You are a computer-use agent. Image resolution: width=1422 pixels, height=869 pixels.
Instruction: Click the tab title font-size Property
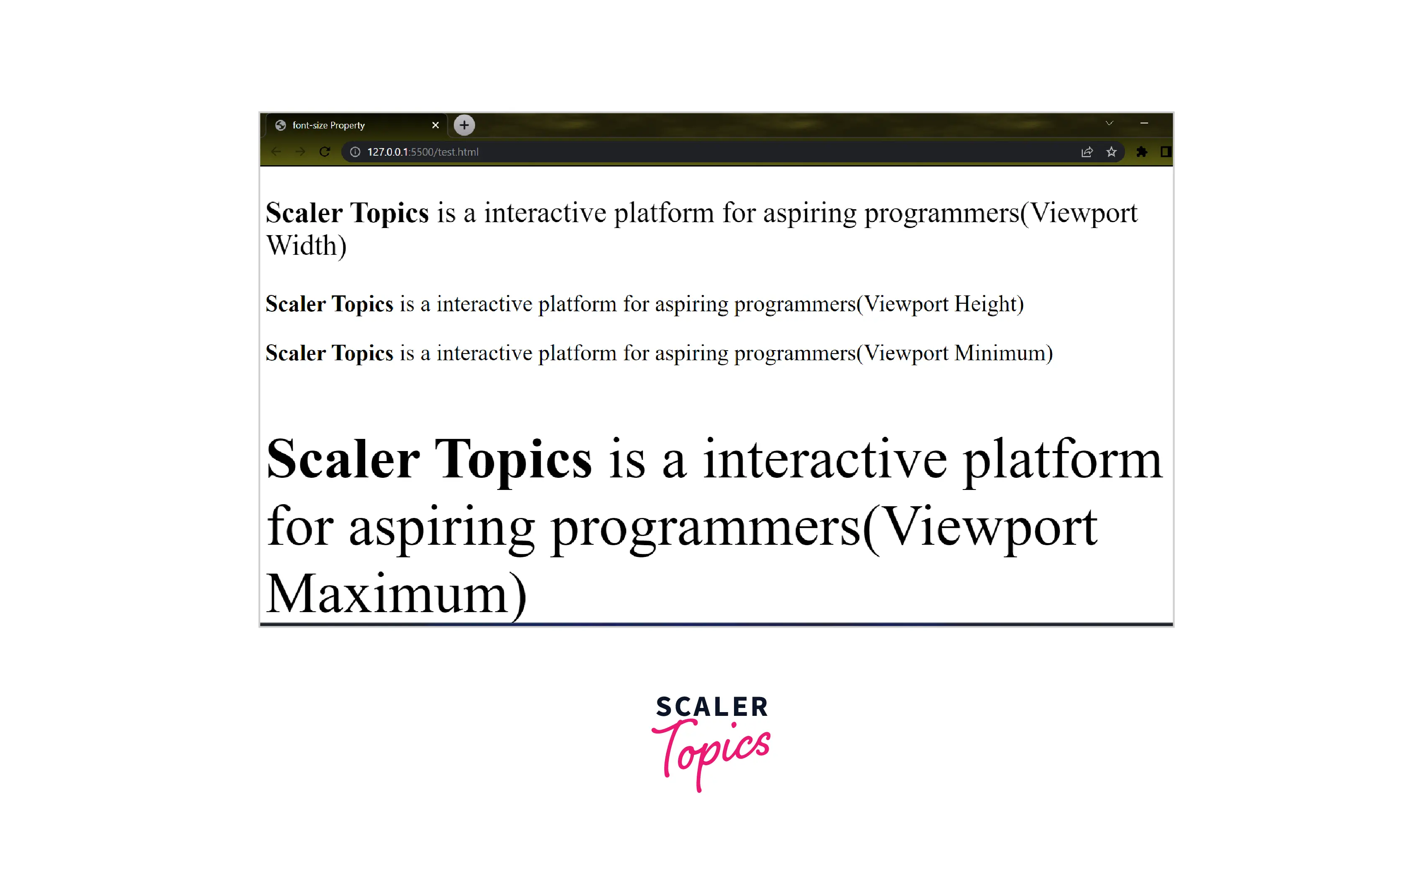click(x=328, y=125)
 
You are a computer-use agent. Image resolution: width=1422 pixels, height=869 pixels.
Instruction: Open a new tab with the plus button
click(x=464, y=125)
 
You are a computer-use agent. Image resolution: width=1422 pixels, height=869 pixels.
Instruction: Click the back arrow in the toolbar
click(x=276, y=152)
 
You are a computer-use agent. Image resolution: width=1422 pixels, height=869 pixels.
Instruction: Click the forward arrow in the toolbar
click(x=300, y=152)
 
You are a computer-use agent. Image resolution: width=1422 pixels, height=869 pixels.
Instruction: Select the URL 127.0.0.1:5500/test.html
click(x=423, y=152)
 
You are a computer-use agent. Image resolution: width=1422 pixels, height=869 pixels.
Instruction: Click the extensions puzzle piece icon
click(x=1141, y=152)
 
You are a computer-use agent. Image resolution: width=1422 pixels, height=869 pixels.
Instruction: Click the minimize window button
click(x=1144, y=123)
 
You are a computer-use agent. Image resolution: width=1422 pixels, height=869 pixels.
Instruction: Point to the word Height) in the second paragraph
click(x=989, y=304)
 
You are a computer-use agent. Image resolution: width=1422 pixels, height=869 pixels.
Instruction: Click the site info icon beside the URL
click(x=355, y=152)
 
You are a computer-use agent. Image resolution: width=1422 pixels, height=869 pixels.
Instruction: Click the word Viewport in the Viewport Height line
click(x=905, y=304)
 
